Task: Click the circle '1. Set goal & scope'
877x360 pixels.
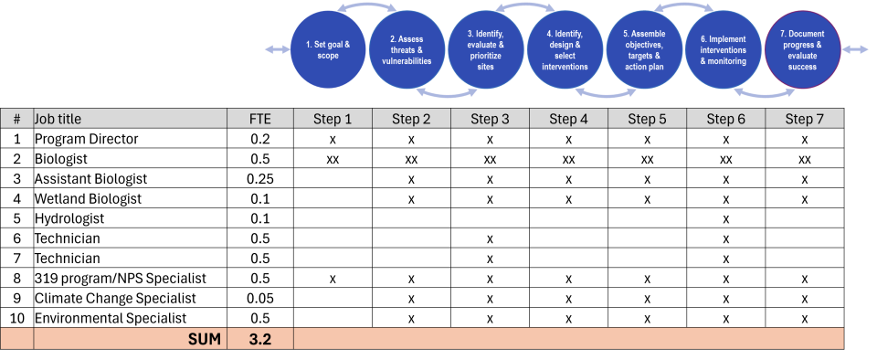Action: coord(327,50)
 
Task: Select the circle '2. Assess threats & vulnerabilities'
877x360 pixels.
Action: coord(407,50)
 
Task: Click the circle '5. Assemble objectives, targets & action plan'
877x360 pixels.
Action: coord(644,50)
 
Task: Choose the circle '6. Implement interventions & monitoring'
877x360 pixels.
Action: coord(723,50)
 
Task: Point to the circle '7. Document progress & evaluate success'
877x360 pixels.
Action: coord(802,50)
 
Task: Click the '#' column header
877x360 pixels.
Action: coord(16,119)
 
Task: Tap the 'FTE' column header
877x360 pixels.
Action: coord(260,119)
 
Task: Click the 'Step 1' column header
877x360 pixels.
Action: coord(333,119)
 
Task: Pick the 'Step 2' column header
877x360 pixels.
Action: coord(411,119)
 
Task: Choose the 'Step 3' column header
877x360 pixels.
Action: coord(490,119)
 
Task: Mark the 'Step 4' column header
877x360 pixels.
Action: coord(568,119)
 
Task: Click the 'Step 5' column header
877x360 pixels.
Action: coord(647,119)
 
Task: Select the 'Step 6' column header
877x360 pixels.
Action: coord(725,119)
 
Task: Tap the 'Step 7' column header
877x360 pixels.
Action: coord(804,119)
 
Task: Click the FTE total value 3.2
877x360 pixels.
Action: coord(260,339)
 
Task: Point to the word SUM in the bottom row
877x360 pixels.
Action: coord(205,339)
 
